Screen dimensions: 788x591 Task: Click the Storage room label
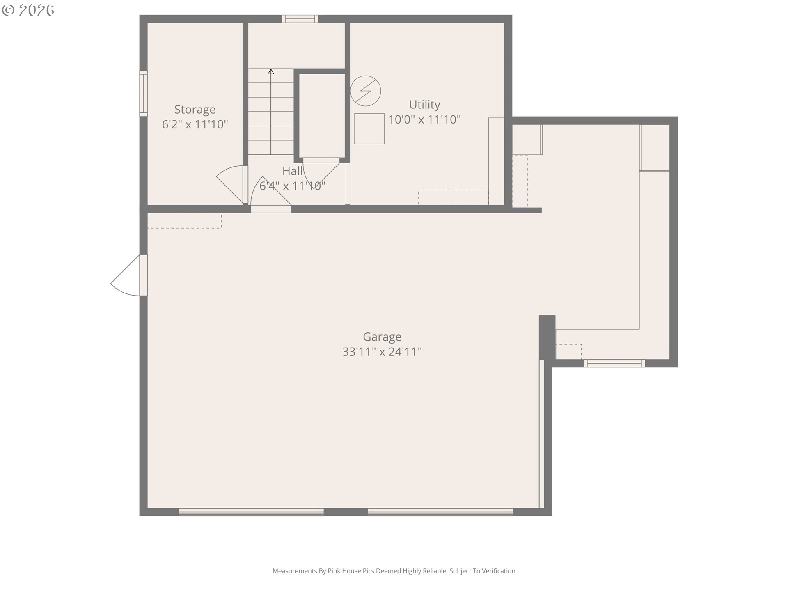pyautogui.click(x=195, y=110)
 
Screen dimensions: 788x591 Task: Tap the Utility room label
pyautogui.click(x=424, y=105)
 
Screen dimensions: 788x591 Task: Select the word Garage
pyautogui.click(x=382, y=337)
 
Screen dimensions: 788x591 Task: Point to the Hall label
pyautogui.click(x=292, y=171)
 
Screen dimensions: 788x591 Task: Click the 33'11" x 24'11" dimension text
pyautogui.click(x=382, y=352)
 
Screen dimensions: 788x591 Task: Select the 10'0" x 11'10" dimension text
pyautogui.click(x=424, y=119)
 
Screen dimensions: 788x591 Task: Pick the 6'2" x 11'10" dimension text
pyautogui.click(x=195, y=124)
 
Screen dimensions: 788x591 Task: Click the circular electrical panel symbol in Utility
pyautogui.click(x=366, y=91)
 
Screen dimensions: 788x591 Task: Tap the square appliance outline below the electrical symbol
pyautogui.click(x=369, y=129)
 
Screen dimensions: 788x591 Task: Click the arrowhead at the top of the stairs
pyautogui.click(x=271, y=71)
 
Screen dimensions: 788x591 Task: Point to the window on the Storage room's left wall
pyautogui.click(x=143, y=93)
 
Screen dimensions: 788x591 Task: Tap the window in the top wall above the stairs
pyautogui.click(x=300, y=18)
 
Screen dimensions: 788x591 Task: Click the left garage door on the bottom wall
pyautogui.click(x=251, y=512)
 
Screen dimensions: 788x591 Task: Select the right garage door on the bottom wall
pyautogui.click(x=440, y=512)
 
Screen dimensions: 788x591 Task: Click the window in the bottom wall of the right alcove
pyautogui.click(x=614, y=363)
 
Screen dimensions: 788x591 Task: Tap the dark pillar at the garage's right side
pyautogui.click(x=547, y=337)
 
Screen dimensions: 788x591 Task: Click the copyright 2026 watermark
pyautogui.click(x=28, y=10)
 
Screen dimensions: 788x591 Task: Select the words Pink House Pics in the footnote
pyautogui.click(x=351, y=571)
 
